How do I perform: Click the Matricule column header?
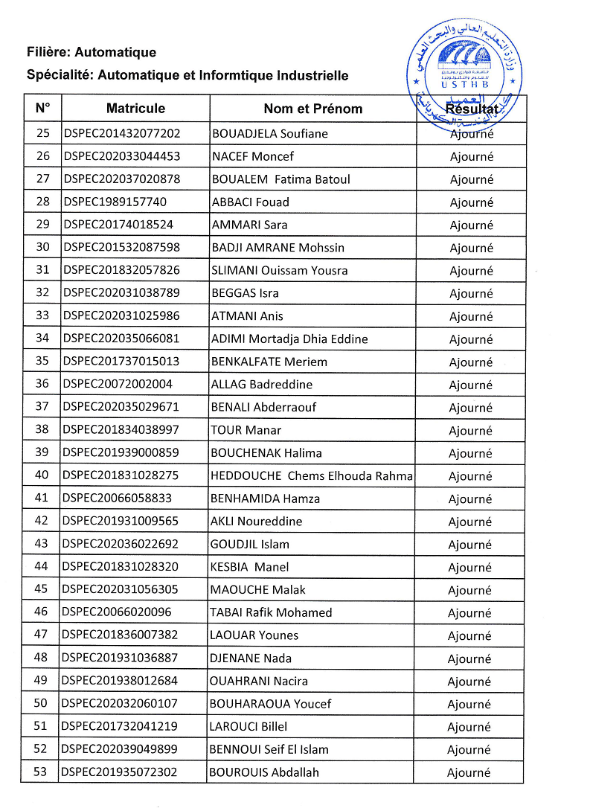135,109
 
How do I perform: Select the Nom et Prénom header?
312,109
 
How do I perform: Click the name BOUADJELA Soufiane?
270,134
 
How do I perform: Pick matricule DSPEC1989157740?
115,202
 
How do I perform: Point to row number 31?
42,270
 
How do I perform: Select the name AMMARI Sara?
250,225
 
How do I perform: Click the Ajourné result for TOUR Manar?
471,431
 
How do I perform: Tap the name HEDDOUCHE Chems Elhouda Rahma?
312,476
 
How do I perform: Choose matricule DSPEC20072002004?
118,385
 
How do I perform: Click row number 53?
41,772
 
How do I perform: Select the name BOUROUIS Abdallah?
265,772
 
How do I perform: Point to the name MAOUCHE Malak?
258,590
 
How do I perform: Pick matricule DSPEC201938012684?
121,681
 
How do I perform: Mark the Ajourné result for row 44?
470,568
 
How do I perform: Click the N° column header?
42,109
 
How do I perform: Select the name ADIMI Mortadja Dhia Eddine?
290,339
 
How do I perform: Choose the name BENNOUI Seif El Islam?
269,749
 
